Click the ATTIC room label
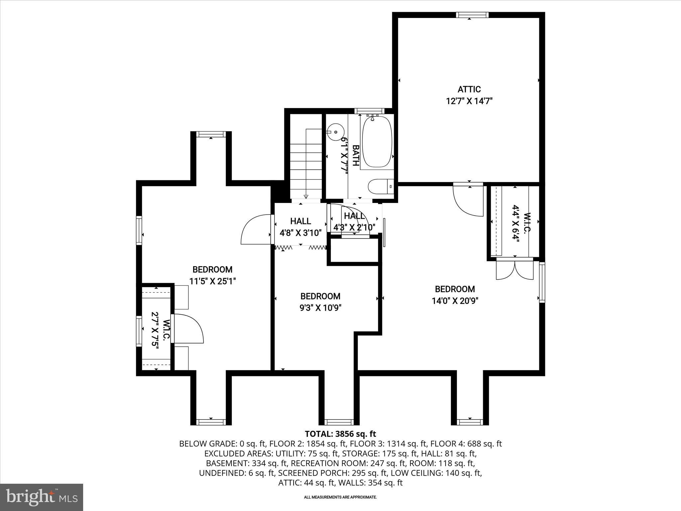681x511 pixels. point(469,89)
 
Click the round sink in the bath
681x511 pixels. point(335,132)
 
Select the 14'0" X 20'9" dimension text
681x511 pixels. point(455,301)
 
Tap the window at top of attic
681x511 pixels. point(472,15)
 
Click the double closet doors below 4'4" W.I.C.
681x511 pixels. point(515,270)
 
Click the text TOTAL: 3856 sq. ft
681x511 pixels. point(340,434)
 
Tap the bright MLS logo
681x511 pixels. point(42,497)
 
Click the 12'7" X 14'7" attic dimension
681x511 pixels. point(469,101)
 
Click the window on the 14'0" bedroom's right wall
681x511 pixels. point(542,282)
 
